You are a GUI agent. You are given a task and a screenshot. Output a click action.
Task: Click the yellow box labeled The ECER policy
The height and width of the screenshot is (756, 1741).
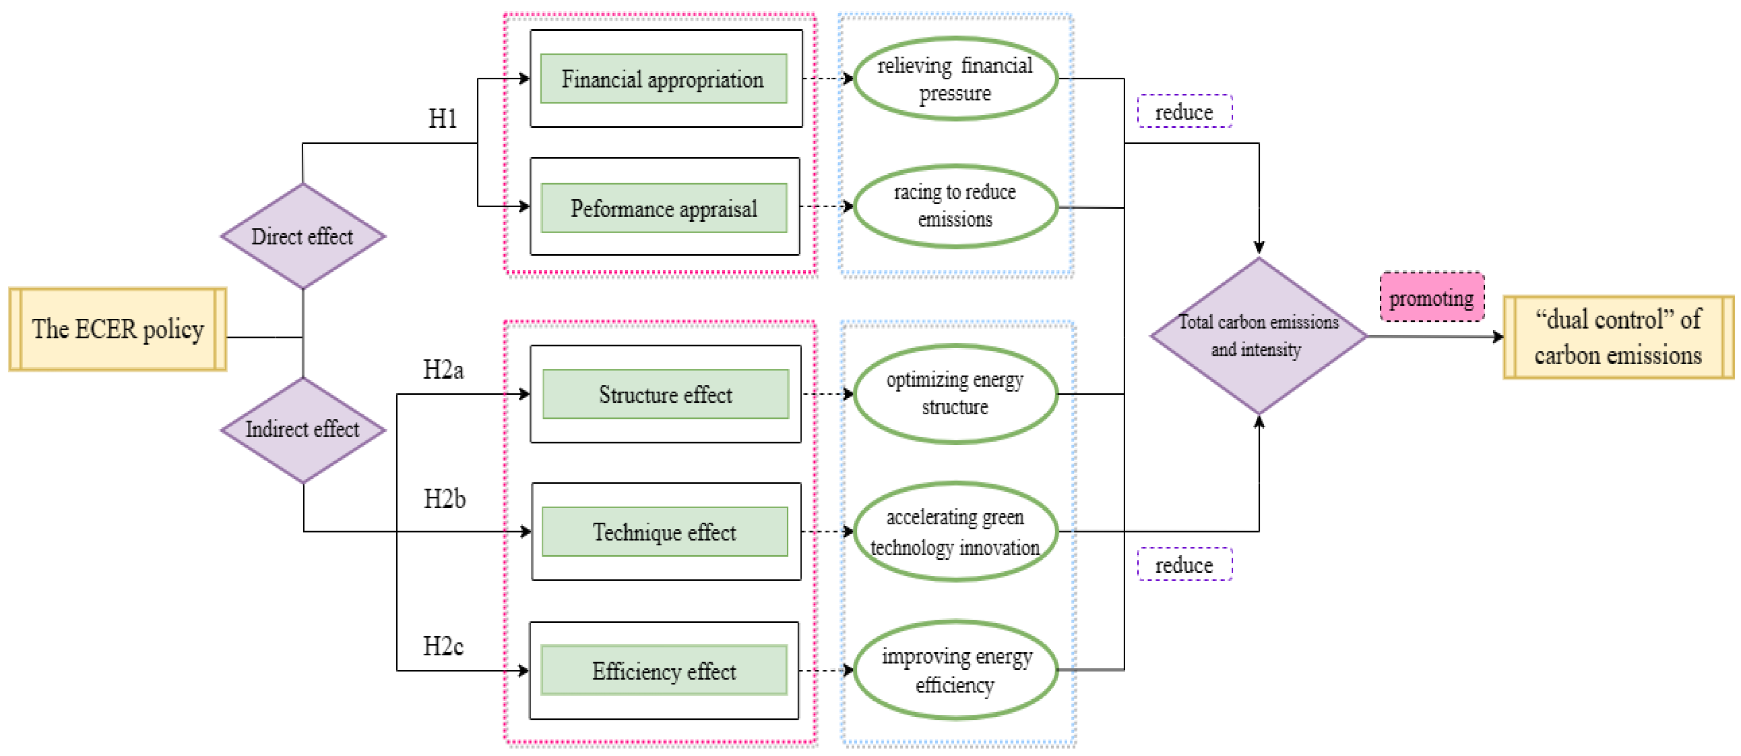(x=117, y=329)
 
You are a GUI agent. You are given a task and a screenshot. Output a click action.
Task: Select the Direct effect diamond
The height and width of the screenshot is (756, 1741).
(x=303, y=236)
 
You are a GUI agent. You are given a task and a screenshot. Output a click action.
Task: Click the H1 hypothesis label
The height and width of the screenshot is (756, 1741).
(x=443, y=119)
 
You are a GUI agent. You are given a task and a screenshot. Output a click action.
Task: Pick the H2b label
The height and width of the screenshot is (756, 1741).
(x=444, y=499)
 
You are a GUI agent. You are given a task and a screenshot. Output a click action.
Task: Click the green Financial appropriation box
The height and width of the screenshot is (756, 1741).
(x=663, y=79)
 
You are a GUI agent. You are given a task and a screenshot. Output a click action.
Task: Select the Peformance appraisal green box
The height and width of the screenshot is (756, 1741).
(x=664, y=208)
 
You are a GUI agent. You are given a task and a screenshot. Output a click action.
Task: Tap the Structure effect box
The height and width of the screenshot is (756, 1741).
(x=665, y=394)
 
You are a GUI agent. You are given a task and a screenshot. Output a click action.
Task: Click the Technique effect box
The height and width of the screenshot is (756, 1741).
(x=664, y=532)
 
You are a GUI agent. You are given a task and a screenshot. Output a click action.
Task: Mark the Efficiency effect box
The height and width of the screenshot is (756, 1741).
(x=664, y=671)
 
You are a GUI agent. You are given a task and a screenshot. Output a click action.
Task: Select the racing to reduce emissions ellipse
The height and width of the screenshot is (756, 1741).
(x=955, y=206)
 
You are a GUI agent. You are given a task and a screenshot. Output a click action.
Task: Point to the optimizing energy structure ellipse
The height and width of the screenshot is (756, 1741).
(x=955, y=394)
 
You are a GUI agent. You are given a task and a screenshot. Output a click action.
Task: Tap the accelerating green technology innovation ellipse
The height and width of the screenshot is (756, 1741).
(x=955, y=532)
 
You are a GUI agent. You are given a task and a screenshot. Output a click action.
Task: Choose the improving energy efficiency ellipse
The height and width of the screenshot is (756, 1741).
(x=955, y=670)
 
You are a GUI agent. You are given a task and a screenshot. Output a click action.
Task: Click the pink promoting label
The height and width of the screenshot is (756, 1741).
(x=1432, y=297)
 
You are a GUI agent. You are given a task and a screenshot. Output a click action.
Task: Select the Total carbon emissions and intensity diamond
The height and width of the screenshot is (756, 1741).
(x=1258, y=336)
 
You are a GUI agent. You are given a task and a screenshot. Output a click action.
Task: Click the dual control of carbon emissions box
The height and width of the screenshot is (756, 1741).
(x=1617, y=337)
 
